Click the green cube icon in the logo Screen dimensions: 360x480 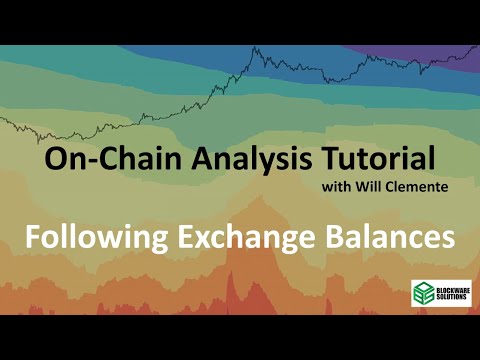point(423,293)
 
